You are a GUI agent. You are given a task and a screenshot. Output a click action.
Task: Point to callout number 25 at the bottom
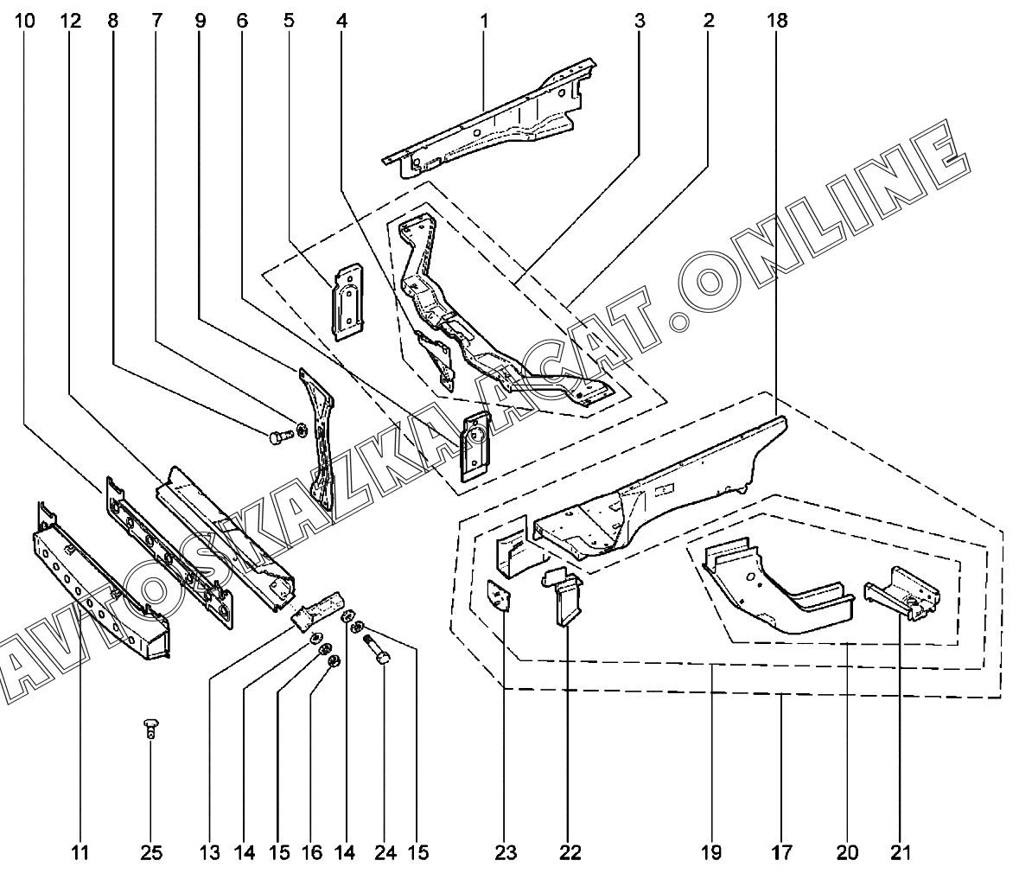(151, 853)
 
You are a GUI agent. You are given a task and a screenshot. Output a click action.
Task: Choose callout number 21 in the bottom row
(901, 853)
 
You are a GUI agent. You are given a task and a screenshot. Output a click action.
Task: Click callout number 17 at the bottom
(780, 853)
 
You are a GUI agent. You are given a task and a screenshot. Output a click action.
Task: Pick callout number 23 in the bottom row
(506, 853)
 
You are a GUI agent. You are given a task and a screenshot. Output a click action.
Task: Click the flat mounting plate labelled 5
(348, 296)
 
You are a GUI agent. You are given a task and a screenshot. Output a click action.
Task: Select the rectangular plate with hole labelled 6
(474, 443)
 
